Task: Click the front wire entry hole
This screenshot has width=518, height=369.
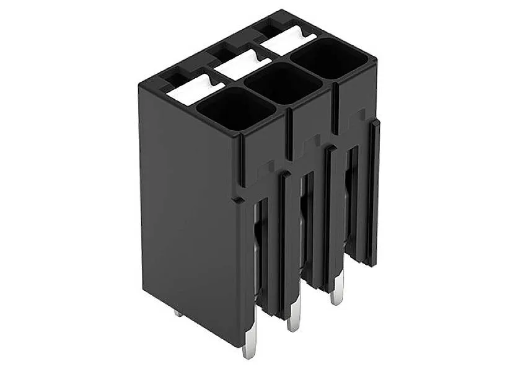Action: coord(235,109)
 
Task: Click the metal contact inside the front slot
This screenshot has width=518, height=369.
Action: coord(258,248)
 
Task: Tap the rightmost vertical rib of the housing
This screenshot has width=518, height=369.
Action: coord(374,192)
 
